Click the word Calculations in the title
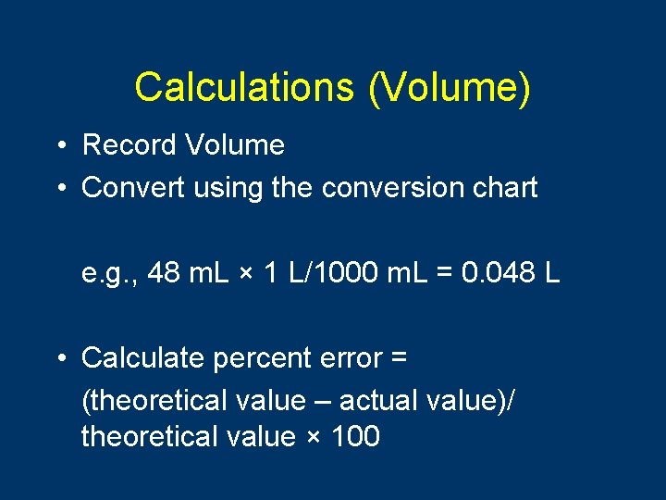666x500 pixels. pos(243,87)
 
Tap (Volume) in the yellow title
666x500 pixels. pos(449,87)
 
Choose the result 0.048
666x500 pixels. pos(499,274)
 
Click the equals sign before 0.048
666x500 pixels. pos(444,275)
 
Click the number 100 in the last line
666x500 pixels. pos(354,436)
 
